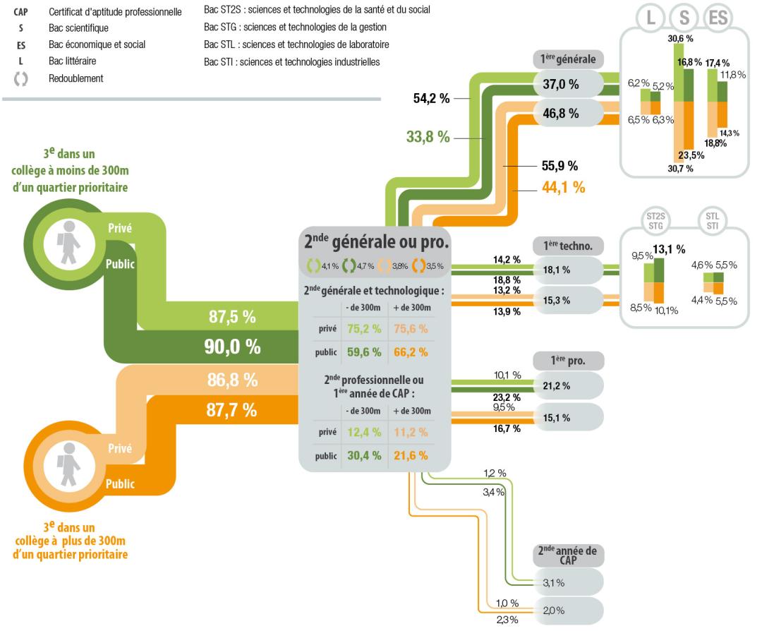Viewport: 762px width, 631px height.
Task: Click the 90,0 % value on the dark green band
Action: pos(232,347)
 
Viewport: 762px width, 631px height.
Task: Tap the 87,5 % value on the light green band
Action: pos(232,317)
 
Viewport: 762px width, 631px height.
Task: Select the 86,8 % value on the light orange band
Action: pos(232,380)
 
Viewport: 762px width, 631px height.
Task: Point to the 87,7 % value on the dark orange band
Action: pos(231,410)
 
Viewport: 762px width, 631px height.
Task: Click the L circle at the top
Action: pos(651,18)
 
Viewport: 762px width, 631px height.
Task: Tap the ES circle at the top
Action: pos(718,18)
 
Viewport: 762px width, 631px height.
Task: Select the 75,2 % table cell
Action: pos(364,329)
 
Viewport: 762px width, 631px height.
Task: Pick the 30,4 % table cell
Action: pos(364,455)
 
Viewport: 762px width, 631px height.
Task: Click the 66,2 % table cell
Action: pos(411,352)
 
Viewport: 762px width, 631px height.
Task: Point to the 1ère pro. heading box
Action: pos(569,361)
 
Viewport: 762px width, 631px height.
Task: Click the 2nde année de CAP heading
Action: pos(567,555)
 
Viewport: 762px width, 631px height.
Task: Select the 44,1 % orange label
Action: pos(563,187)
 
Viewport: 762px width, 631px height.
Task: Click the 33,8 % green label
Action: pos(428,137)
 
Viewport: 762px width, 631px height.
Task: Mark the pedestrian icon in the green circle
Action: pos(68,242)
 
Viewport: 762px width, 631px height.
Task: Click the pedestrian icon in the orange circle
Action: pos(68,464)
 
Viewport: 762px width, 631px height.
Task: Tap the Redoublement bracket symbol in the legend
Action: pos(20,79)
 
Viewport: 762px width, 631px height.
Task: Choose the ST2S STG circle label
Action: pos(655,221)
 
